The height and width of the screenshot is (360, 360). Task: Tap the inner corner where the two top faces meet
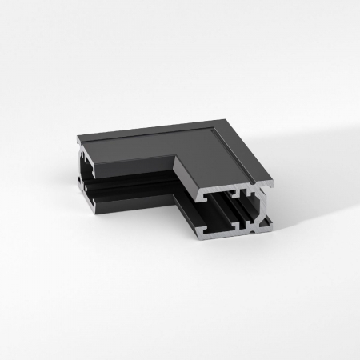click(x=175, y=157)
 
